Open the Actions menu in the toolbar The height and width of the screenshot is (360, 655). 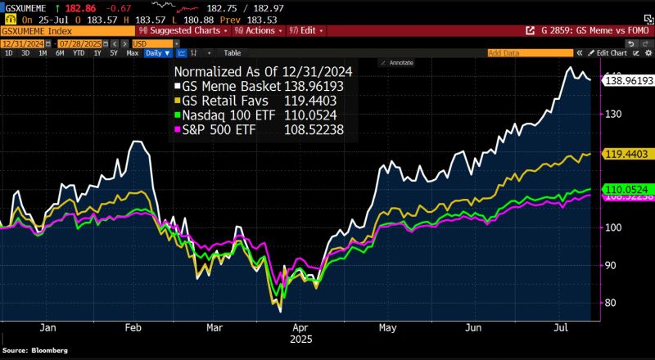pyautogui.click(x=257, y=29)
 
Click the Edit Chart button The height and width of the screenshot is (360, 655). pyautogui.click(x=611, y=52)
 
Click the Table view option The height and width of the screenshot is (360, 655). pyautogui.click(x=233, y=52)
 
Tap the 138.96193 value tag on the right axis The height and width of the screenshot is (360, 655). pyautogui.click(x=627, y=80)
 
